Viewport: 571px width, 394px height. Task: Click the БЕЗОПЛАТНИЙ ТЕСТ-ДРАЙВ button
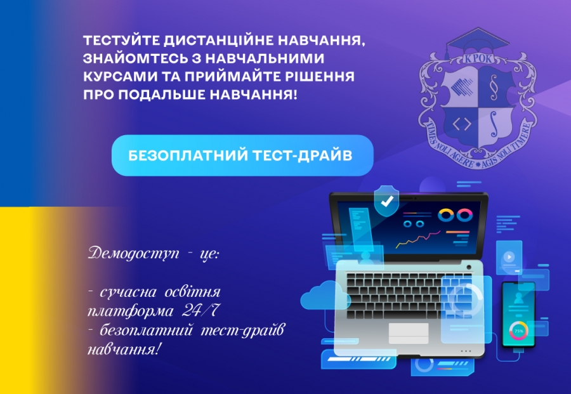[242, 155]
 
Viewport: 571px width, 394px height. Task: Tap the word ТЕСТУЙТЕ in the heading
[121, 41]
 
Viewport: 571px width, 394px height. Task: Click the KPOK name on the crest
[478, 59]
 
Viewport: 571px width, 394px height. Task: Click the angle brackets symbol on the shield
[462, 124]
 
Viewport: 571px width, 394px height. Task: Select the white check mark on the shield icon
[387, 201]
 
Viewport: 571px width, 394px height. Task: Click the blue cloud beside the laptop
[324, 296]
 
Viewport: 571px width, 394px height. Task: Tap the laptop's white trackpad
[408, 333]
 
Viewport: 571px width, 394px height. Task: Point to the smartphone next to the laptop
[518, 314]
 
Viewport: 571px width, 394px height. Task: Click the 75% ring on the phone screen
[518, 331]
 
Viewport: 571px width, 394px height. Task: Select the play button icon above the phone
[509, 257]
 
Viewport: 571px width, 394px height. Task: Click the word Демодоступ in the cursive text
[134, 253]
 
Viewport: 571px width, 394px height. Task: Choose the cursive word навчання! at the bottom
[124, 350]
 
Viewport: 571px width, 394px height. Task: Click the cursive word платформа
[131, 312]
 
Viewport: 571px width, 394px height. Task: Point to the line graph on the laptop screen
[418, 239]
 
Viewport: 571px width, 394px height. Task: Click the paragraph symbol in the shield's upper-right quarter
[494, 88]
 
